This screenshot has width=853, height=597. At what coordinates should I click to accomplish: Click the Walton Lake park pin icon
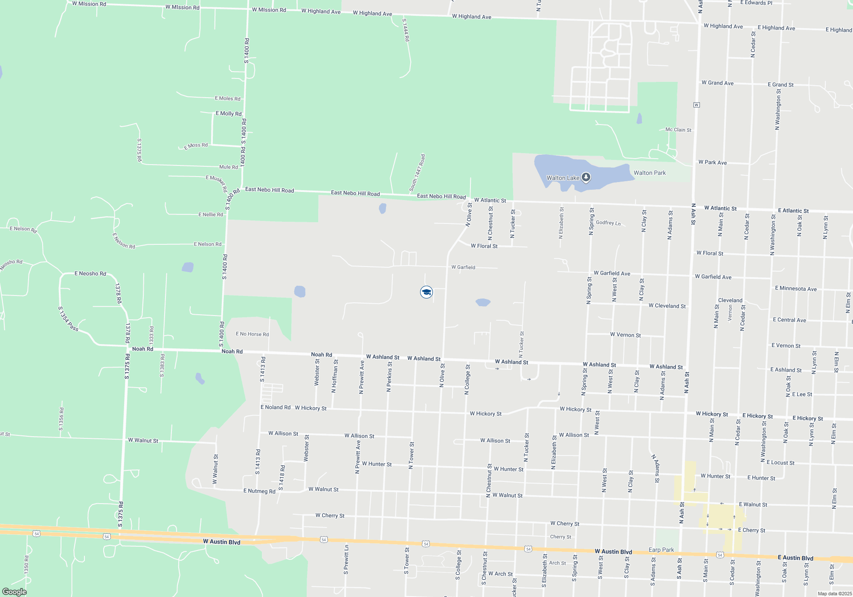(x=586, y=177)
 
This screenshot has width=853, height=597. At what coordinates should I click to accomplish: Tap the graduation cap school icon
(x=426, y=292)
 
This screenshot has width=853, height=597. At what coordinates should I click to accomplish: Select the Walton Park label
(x=650, y=173)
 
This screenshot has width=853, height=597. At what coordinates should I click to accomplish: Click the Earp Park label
(x=661, y=550)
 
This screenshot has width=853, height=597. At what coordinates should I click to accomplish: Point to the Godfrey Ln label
(x=608, y=223)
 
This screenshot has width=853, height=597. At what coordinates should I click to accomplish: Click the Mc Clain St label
(x=678, y=130)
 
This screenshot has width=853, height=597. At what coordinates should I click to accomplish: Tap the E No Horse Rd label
(x=252, y=334)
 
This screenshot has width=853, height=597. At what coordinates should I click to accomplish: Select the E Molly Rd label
(x=229, y=113)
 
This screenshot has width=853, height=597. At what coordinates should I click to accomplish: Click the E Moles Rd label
(x=227, y=99)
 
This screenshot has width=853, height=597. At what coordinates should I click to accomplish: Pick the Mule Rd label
(x=228, y=167)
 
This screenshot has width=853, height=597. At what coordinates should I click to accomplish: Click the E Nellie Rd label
(x=210, y=214)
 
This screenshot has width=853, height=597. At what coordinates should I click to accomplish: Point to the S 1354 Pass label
(x=68, y=319)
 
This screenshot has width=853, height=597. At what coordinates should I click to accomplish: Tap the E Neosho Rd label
(x=90, y=273)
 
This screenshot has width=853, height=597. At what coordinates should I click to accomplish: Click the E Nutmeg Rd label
(x=259, y=491)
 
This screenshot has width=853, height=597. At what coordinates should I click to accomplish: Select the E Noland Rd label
(x=275, y=407)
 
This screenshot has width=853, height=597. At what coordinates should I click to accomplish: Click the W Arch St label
(x=500, y=574)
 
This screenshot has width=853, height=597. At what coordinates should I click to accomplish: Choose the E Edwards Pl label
(x=756, y=3)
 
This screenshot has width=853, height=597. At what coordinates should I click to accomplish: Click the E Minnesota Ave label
(x=795, y=289)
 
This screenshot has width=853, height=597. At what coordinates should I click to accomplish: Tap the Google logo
(x=14, y=591)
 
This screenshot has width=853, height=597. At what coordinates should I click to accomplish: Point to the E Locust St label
(x=780, y=463)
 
